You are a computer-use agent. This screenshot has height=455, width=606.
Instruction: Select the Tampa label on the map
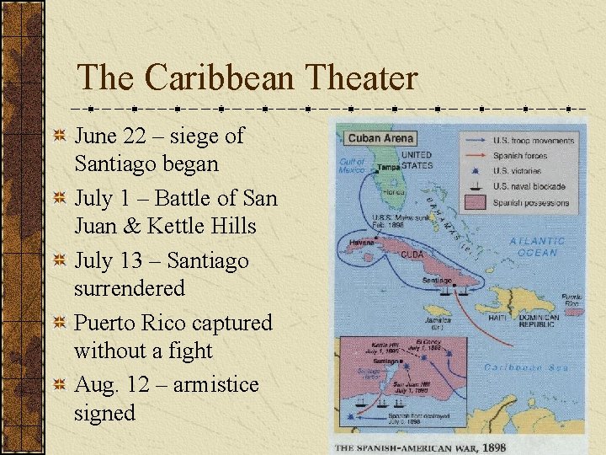[389, 167]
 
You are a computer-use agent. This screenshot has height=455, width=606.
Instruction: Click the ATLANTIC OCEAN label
[537, 246]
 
